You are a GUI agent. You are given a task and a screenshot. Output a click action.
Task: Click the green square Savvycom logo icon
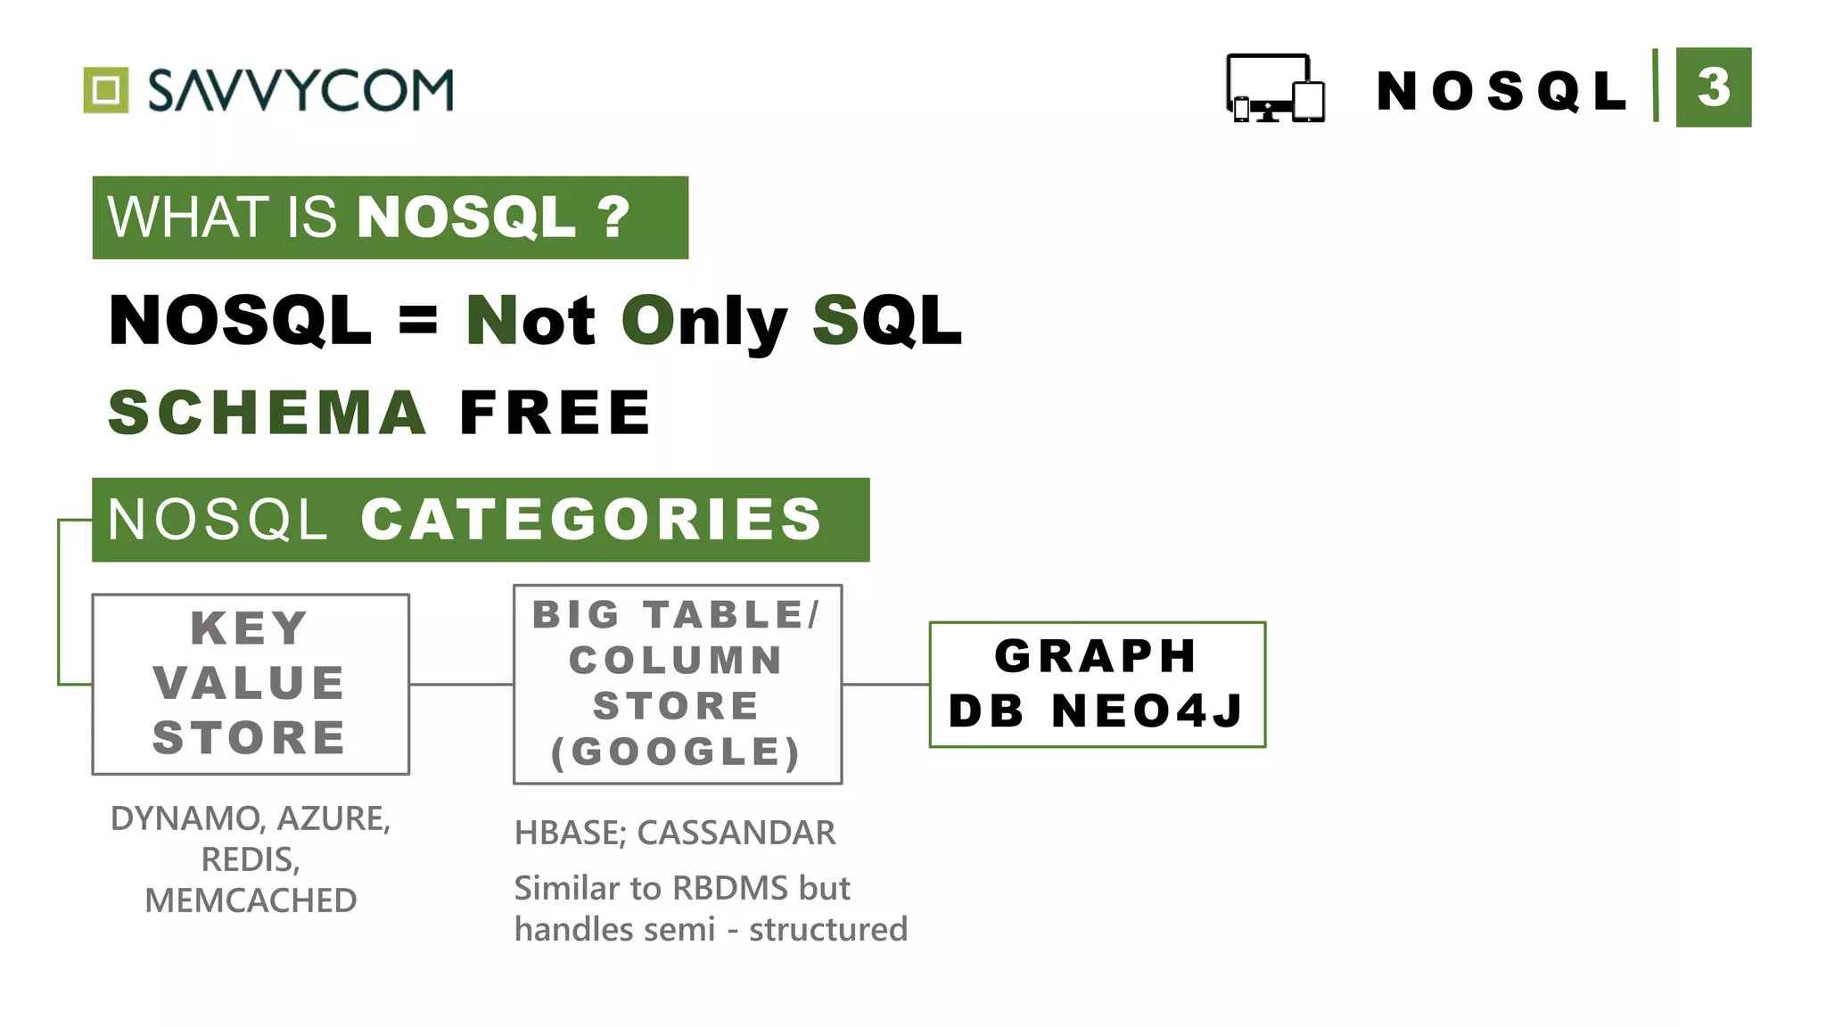coord(106,90)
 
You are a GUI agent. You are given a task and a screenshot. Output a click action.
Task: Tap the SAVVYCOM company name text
coord(300,90)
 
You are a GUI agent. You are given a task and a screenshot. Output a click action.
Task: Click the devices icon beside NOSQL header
coord(1275,88)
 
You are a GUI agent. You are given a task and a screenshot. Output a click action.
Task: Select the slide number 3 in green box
coord(1713,87)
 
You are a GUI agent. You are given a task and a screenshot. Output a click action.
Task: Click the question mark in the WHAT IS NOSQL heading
coord(613,218)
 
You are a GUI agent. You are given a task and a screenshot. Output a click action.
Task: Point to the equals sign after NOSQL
coord(418,319)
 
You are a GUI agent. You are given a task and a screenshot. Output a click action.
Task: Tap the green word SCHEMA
coord(267,413)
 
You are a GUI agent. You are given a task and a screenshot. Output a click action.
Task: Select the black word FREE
coord(555,413)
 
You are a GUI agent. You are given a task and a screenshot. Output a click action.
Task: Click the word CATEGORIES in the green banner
coord(591,520)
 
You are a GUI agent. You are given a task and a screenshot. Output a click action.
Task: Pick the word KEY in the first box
coord(250,628)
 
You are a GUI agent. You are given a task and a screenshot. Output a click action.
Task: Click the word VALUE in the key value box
coord(250,683)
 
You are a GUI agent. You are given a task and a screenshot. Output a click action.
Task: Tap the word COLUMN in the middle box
coord(677,661)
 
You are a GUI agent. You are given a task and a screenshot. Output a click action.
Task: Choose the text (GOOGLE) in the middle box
coord(677,752)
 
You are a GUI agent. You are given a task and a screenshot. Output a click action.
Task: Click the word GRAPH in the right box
coord(1096,656)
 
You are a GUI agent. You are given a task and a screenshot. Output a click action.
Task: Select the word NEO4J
coord(1148,711)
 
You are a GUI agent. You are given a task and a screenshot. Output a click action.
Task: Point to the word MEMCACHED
coord(251,900)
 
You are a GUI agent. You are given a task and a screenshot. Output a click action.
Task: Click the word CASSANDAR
coord(736,833)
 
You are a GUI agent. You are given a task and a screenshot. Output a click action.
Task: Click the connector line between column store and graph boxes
coord(885,685)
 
